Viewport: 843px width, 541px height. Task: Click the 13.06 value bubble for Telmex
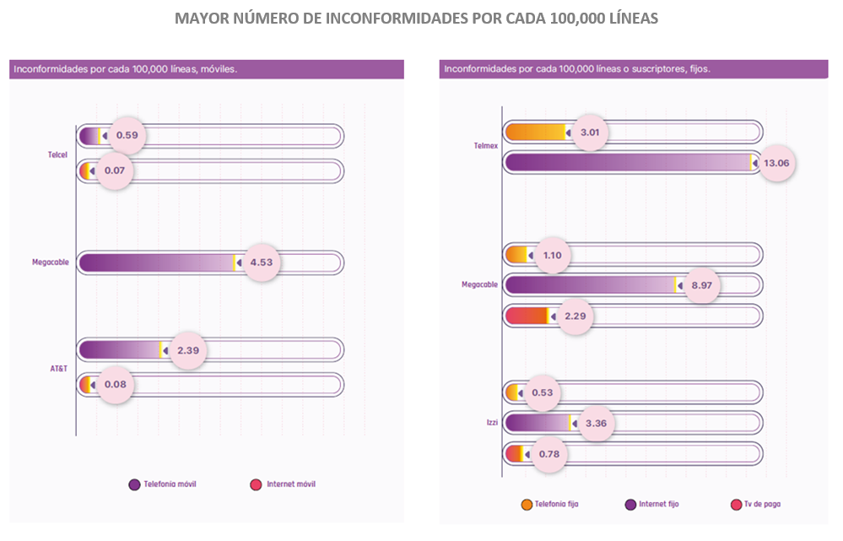pos(776,163)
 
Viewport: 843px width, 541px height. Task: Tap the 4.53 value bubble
pos(262,262)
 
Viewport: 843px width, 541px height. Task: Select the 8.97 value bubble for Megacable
pos(701,285)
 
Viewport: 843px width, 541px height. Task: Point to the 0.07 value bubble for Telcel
pos(115,170)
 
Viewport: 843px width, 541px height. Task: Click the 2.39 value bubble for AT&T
pos(188,350)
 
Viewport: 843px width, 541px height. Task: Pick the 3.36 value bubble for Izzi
pos(596,423)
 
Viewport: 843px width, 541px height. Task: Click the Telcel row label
pos(57,155)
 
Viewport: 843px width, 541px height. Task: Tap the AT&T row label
pos(58,368)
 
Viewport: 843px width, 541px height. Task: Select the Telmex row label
pos(486,146)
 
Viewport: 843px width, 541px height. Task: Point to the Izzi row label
pos(493,423)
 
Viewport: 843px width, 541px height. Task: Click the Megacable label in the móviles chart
pos(51,262)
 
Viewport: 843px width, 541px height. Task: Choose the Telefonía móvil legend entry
pos(162,484)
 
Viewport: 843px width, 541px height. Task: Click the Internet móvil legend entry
pos(283,484)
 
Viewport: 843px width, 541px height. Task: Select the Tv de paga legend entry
pos(756,505)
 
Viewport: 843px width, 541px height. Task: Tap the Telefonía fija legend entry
pos(550,505)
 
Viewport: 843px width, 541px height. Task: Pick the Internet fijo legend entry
pos(652,505)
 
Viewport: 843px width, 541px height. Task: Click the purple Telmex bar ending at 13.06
pos(629,162)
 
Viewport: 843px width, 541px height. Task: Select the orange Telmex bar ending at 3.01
pos(536,133)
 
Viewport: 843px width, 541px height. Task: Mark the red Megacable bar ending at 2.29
pos(527,316)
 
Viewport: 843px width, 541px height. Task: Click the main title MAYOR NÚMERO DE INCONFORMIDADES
pos(417,19)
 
